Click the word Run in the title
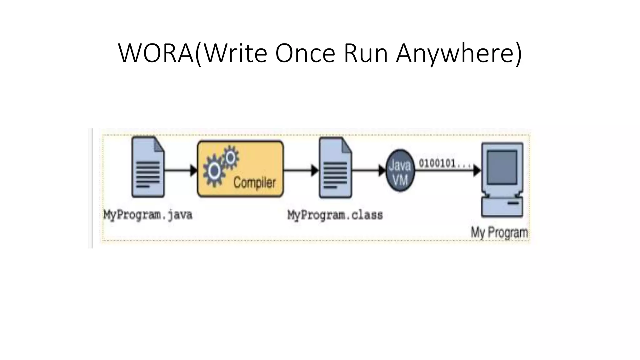pos(365,53)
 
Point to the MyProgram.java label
pos(148,215)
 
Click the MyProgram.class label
pos(335,215)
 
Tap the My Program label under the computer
pos(499,232)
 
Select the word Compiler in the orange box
pos(254,182)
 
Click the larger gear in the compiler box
pos(214,171)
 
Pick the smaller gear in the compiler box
pos(231,157)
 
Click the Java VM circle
pos(400,171)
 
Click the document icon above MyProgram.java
pos(148,167)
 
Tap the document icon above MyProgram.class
pos(335,168)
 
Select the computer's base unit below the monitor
pos(502,207)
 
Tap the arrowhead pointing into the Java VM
pos(382,171)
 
